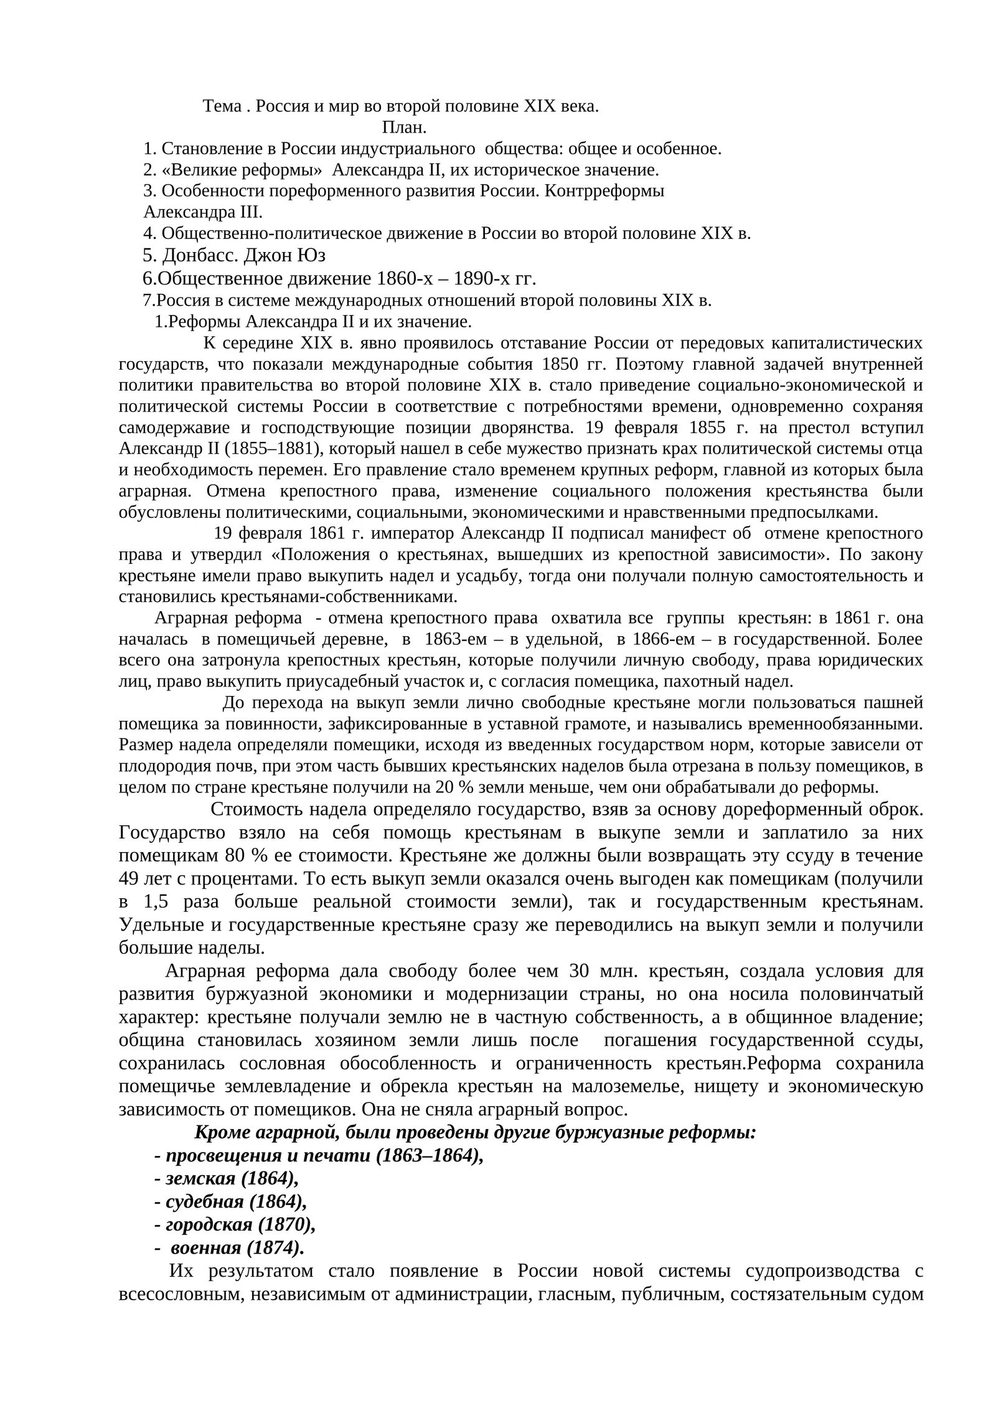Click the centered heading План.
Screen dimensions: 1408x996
(x=404, y=128)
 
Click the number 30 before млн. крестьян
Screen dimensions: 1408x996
(x=579, y=972)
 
